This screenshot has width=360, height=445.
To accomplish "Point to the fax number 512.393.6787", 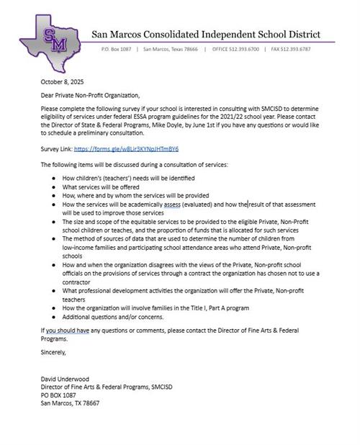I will tap(313, 50).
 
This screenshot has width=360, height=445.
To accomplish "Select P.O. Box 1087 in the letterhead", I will tap(120, 50).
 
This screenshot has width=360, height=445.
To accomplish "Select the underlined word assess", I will tap(169, 204).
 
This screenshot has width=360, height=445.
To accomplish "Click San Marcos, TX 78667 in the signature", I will tap(70, 403).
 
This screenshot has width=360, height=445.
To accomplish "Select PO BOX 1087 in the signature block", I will tap(58, 395).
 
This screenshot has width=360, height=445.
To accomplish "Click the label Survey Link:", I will tap(57, 149).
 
